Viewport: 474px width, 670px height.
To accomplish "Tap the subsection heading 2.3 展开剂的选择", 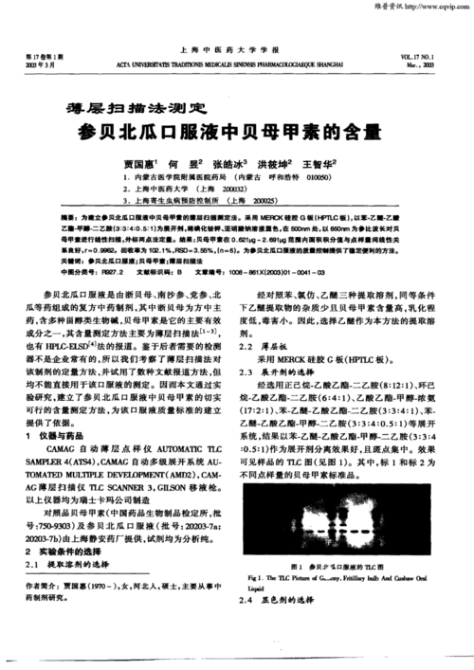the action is [x=282, y=373].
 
